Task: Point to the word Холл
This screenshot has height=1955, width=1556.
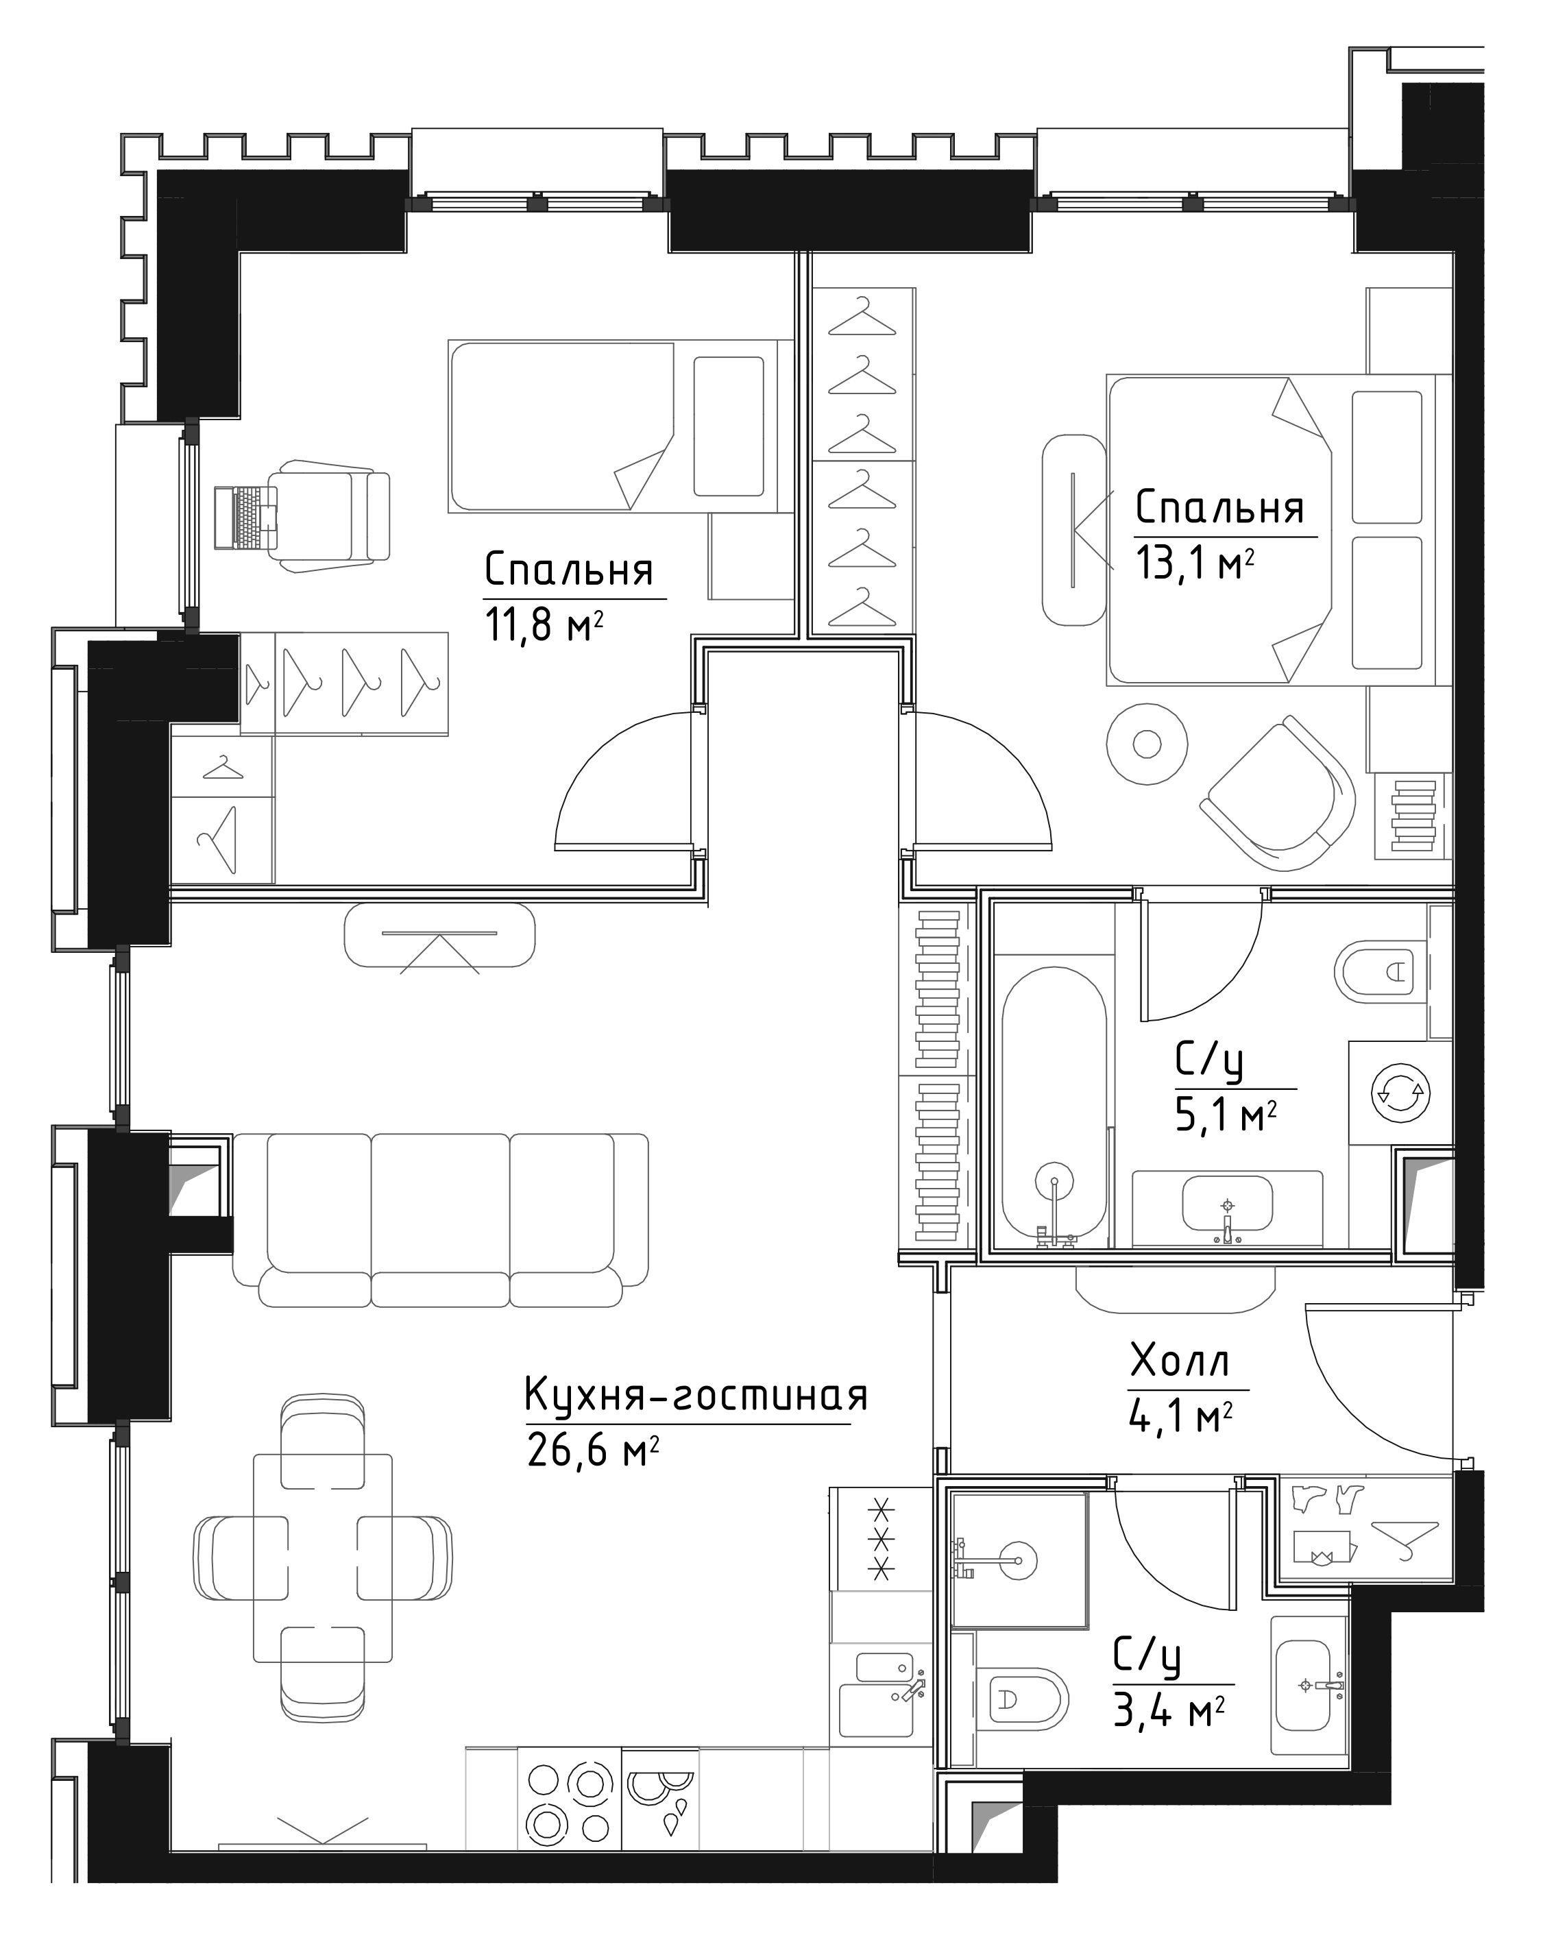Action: [1180, 1362]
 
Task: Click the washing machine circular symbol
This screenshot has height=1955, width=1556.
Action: [1401, 1093]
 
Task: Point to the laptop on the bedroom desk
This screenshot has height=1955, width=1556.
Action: [245, 517]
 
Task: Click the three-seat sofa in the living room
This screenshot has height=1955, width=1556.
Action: [441, 1219]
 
